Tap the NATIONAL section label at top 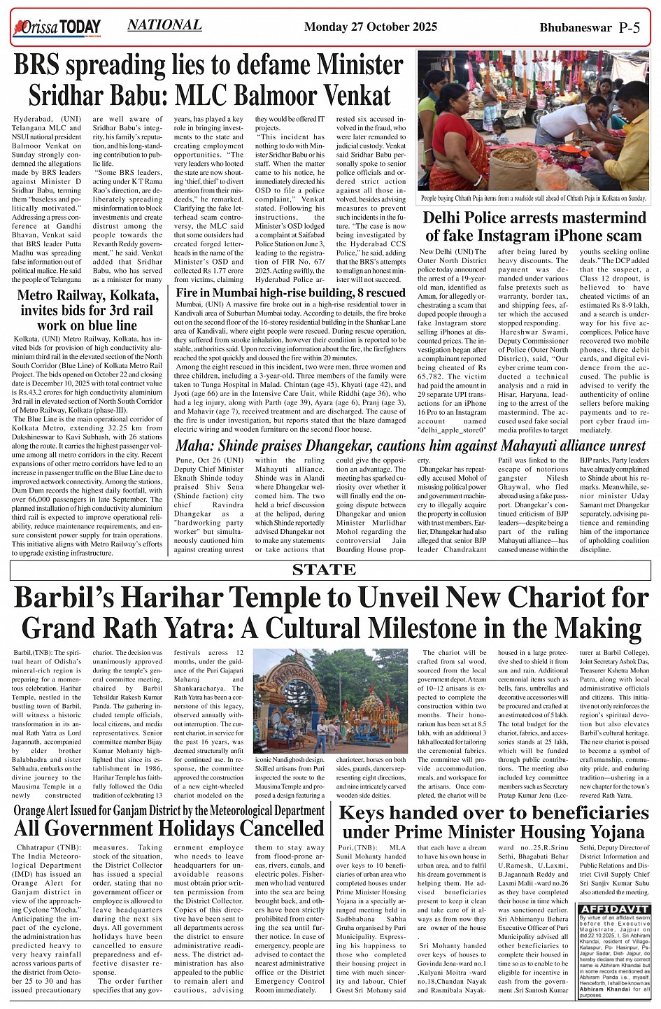click(x=164, y=25)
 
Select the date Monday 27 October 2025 click(x=371, y=27)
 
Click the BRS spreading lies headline click(x=208, y=78)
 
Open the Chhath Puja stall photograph click(x=534, y=120)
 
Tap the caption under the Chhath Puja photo click(x=534, y=199)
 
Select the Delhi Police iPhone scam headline click(x=534, y=226)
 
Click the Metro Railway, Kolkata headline click(x=87, y=310)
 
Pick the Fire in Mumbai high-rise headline click(x=290, y=292)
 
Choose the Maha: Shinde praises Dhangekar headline click(x=411, y=445)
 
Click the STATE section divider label click(x=324, y=570)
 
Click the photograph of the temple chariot click(x=330, y=700)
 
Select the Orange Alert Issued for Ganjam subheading click(x=169, y=811)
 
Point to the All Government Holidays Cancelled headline click(x=169, y=828)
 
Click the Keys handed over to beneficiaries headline click(x=494, y=821)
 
